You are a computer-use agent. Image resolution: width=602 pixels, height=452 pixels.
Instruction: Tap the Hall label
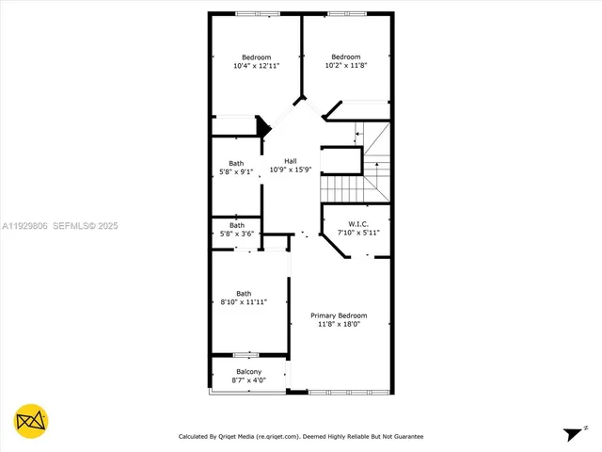tap(291, 161)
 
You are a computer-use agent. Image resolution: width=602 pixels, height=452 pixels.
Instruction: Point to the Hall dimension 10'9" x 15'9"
tap(291, 170)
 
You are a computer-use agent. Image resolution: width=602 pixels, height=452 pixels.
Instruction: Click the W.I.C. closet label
tap(356, 224)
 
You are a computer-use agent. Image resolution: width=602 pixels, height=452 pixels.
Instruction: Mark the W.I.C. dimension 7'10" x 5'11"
tap(356, 234)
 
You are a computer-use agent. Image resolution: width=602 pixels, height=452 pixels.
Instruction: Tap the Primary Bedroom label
tap(339, 315)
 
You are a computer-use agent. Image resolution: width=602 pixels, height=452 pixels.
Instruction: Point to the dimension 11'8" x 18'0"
tap(339, 324)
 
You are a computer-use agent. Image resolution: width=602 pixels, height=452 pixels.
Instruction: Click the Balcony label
tap(248, 371)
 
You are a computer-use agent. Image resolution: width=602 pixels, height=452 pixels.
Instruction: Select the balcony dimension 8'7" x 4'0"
tap(248, 380)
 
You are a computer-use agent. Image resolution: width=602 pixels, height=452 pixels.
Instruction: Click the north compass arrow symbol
tap(572, 433)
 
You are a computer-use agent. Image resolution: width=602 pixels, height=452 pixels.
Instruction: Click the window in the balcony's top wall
tap(246, 355)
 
